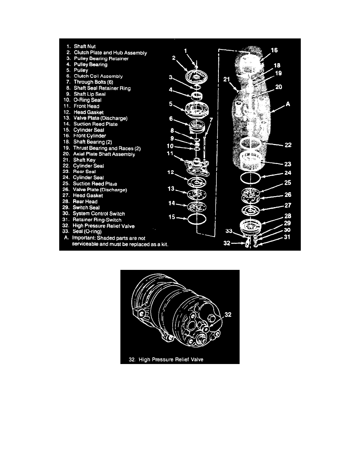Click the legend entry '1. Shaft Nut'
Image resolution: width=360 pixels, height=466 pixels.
[x=84, y=46]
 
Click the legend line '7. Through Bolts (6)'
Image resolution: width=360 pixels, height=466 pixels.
[x=91, y=82]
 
